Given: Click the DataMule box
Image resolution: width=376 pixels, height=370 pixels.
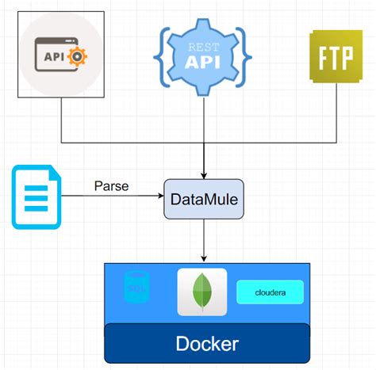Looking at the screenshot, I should tap(204, 200).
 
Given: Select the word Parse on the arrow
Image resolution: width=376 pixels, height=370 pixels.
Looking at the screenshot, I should tap(111, 187).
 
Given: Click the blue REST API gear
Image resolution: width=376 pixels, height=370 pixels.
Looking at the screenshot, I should tap(204, 55).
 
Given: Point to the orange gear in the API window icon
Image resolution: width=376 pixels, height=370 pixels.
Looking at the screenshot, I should tap(78, 56).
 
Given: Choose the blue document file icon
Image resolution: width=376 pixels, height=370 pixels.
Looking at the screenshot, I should tap(35, 196).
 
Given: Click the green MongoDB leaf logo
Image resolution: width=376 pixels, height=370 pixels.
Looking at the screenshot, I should tap(201, 292).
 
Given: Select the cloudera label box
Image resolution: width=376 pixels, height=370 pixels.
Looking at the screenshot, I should tap(270, 292).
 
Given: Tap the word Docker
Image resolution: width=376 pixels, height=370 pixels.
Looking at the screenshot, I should tap(206, 344).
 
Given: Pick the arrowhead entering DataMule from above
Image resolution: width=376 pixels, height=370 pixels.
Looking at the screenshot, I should tap(204, 176).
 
